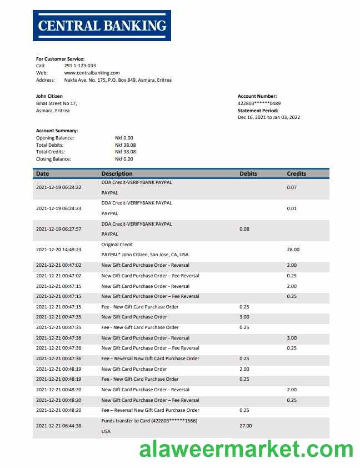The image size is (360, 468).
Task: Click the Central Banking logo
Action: pos(102,25)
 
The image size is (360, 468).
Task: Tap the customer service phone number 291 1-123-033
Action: pos(80,66)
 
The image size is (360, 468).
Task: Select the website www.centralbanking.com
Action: pos(92,73)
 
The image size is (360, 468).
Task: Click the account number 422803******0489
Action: pos(259,103)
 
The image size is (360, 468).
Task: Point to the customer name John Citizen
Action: pos(49,96)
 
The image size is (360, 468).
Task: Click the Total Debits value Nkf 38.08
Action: pos(125,145)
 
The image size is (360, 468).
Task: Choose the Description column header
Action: pos(117,173)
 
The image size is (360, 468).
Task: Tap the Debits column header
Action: pos(248,173)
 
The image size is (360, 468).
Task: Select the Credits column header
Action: pos(296,173)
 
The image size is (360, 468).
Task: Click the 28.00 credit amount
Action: pos(293,250)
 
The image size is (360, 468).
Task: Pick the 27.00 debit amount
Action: pos(246,426)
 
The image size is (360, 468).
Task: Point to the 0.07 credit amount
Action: pos(292,187)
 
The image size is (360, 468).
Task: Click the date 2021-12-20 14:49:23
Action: pos(58,250)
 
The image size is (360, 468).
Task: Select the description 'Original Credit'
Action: pos(117,245)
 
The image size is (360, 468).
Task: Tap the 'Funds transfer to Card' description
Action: pos(149,421)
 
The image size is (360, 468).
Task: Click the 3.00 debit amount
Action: pos(244,317)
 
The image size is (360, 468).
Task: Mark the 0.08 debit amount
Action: pos(244,229)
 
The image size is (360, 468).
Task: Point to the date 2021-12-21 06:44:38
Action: pos(58,426)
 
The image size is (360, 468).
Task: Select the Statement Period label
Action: pos(258,111)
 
